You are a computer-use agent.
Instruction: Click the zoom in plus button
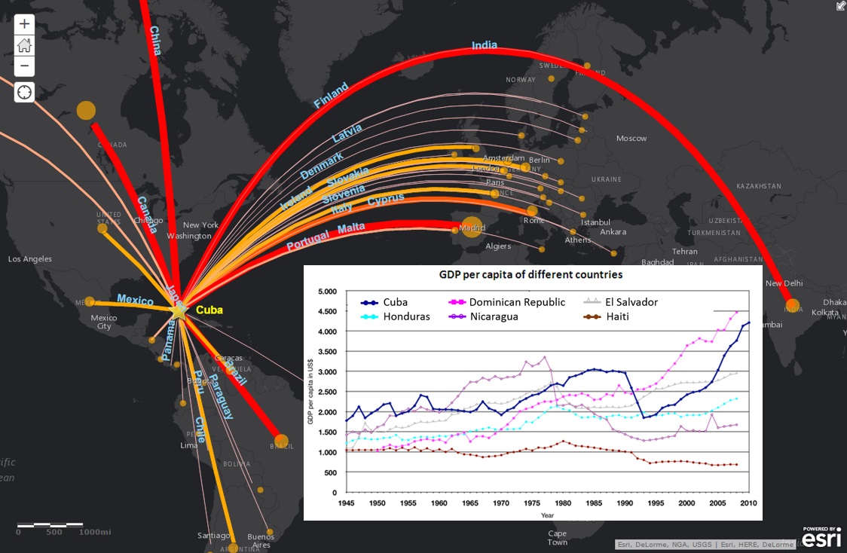(24, 24)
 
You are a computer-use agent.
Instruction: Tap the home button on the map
(24, 45)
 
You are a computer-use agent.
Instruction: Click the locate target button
(24, 92)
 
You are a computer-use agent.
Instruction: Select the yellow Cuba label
(209, 310)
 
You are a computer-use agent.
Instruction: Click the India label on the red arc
(485, 45)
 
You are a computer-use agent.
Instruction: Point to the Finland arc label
(331, 96)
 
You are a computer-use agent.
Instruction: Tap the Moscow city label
(631, 139)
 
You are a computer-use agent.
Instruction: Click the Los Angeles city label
(30, 259)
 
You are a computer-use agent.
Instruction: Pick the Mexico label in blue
(136, 300)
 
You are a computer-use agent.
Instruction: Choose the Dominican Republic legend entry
(516, 302)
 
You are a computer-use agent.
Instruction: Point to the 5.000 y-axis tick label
(327, 291)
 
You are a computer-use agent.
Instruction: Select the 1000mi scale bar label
(95, 532)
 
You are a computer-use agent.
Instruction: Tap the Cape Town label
(557, 537)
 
